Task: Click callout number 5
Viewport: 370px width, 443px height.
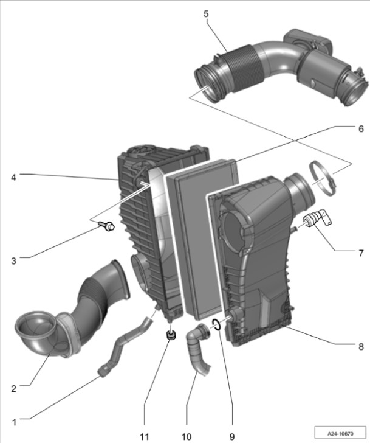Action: point(206,14)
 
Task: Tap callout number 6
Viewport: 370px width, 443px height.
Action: point(361,129)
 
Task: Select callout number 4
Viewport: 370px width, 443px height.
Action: point(13,178)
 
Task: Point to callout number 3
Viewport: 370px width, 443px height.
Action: point(13,261)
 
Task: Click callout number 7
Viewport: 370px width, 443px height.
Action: point(361,253)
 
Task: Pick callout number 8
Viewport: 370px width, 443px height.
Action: point(361,347)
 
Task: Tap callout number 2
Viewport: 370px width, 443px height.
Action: point(13,389)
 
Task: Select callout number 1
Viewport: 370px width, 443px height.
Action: point(14,423)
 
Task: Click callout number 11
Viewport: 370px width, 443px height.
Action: point(145,437)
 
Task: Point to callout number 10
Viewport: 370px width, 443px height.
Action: point(187,437)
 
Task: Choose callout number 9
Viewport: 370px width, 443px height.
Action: point(232,437)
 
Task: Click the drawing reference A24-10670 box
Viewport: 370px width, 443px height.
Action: point(340,433)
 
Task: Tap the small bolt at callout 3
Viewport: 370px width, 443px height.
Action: point(106,225)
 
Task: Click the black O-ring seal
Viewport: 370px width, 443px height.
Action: point(217,324)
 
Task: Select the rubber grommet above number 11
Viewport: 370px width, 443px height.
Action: point(171,335)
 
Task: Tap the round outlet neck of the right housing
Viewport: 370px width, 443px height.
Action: point(300,187)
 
